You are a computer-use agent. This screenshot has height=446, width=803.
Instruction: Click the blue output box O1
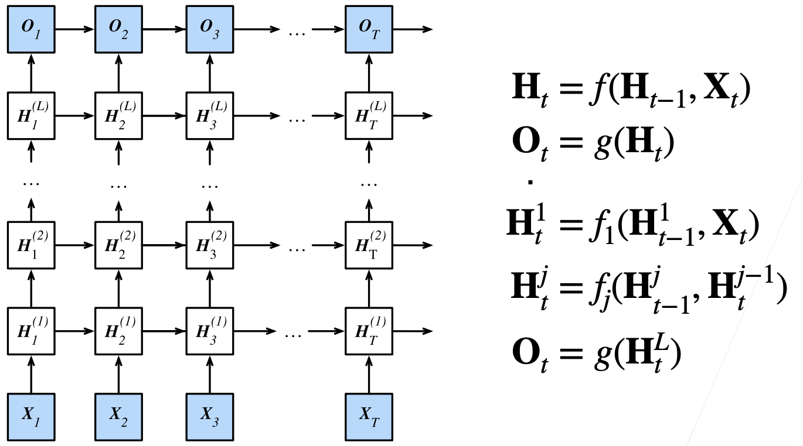(x=31, y=29)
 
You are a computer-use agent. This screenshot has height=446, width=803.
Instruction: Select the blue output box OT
(x=369, y=29)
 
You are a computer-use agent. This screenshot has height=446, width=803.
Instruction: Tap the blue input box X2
(x=118, y=417)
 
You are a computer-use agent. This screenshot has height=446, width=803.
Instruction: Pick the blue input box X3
(x=210, y=417)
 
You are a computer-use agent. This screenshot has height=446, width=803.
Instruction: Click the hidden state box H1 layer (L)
(x=31, y=116)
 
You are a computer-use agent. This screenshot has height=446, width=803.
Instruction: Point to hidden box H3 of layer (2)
(x=210, y=245)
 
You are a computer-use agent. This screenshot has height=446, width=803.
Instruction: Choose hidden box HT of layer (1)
(x=369, y=331)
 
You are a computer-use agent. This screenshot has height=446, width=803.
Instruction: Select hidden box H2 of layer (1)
(x=118, y=331)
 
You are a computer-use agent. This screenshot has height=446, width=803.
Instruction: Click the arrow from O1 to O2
(x=75, y=29)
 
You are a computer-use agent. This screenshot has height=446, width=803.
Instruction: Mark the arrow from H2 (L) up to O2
(x=118, y=73)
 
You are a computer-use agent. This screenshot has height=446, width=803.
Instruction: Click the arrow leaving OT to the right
(x=413, y=29)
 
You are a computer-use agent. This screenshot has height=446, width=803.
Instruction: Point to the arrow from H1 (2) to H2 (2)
(x=75, y=245)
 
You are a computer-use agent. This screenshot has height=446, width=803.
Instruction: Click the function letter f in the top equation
(x=598, y=88)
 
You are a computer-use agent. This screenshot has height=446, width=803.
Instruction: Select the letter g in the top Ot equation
(x=603, y=144)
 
